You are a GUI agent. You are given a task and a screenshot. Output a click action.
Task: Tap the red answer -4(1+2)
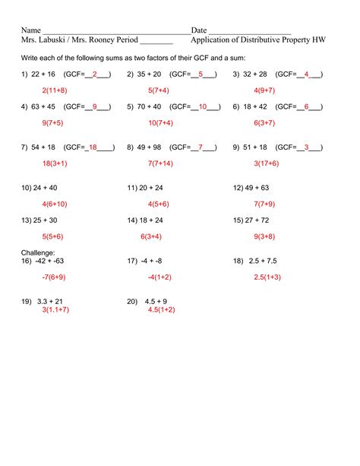pos(160,277)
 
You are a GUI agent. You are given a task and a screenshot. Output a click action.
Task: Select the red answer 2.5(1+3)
pos(267,277)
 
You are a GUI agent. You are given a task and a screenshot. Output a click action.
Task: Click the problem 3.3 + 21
pos(51,301)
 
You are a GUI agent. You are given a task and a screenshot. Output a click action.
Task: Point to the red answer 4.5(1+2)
pos(161,309)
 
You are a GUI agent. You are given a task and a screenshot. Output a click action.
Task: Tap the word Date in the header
pos(199,29)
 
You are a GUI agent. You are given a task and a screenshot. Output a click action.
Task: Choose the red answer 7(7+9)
pos(265,203)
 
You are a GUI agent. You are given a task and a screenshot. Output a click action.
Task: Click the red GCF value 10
pos(203,106)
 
